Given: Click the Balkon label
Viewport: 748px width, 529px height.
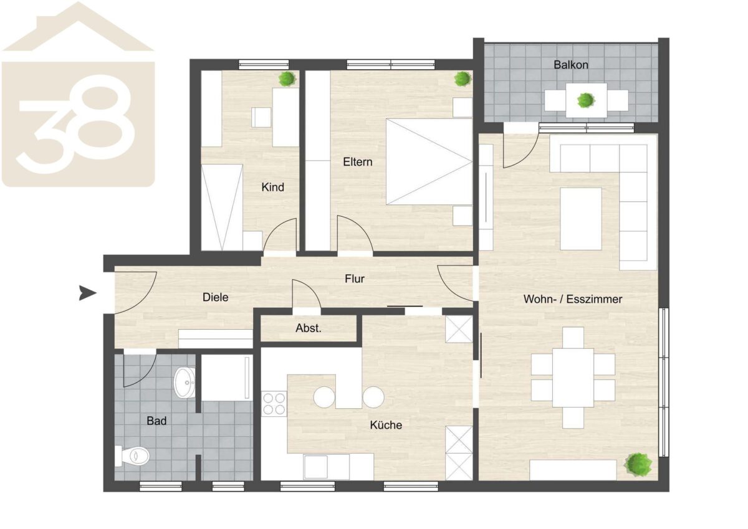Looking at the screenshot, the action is click(x=571, y=64).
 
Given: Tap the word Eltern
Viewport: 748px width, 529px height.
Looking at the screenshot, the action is click(x=357, y=162).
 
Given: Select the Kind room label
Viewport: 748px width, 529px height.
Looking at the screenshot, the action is click(x=273, y=187).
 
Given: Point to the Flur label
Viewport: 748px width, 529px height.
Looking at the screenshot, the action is click(x=355, y=279).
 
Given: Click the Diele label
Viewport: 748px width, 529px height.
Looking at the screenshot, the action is click(x=216, y=297).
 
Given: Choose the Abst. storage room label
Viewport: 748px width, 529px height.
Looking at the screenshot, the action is click(x=308, y=328).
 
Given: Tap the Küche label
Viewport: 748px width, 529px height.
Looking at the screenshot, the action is click(x=386, y=425).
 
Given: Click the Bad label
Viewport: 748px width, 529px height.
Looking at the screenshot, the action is click(x=156, y=421).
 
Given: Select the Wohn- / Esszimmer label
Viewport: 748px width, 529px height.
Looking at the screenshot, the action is click(x=573, y=299).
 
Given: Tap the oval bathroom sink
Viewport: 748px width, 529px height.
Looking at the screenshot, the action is click(x=185, y=383).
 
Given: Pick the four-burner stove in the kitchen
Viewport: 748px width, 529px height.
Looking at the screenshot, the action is click(x=274, y=404).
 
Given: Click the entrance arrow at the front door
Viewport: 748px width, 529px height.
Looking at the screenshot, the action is click(x=88, y=293).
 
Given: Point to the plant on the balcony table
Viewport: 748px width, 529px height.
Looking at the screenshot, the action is click(x=586, y=100).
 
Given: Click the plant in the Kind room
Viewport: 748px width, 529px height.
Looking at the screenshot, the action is click(x=287, y=79).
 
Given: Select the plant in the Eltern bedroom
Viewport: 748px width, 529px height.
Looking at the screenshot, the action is click(x=463, y=79).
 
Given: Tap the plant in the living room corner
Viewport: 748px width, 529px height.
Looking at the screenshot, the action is click(x=638, y=464).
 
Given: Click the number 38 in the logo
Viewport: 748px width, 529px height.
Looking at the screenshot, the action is click(x=76, y=123).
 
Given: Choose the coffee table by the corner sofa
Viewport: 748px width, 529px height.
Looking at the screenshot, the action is click(x=581, y=219).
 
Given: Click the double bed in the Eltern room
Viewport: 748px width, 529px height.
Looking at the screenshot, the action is click(x=429, y=162).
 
